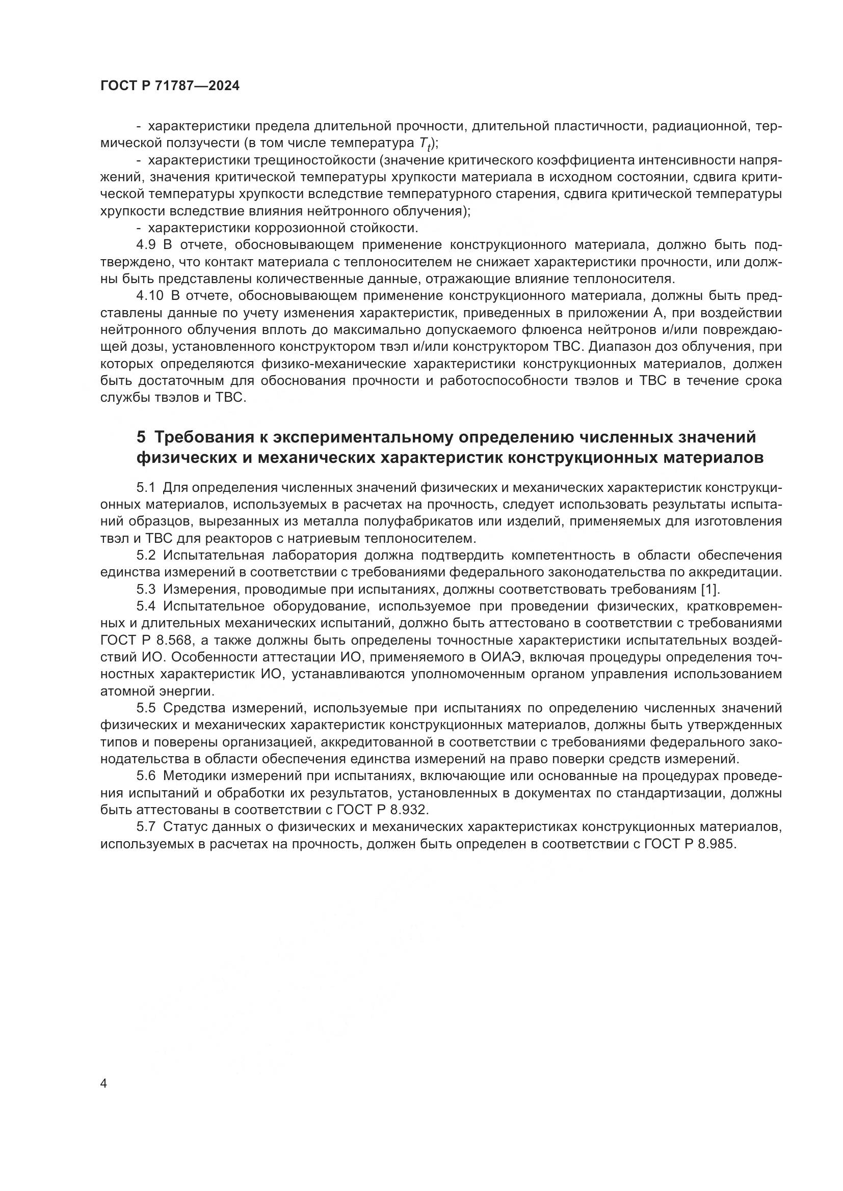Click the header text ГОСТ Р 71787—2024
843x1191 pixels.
[x=170, y=86]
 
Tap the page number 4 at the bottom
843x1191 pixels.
[x=104, y=1084]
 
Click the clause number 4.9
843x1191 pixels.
[x=146, y=245]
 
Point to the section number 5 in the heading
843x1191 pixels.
[x=141, y=437]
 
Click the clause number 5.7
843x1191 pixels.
[x=146, y=826]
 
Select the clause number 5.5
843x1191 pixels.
[x=146, y=708]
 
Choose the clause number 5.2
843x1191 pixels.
[x=146, y=555]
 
